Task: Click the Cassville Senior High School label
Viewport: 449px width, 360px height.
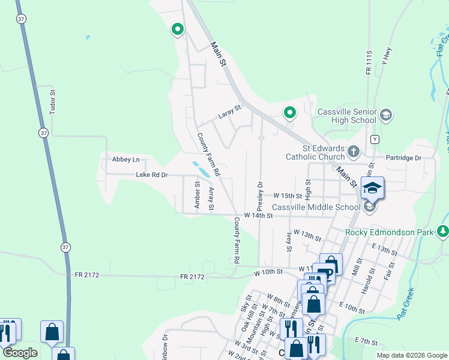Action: [x=347, y=116]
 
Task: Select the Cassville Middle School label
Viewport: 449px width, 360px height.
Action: [x=316, y=207]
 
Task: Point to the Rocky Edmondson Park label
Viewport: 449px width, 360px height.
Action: [x=390, y=232]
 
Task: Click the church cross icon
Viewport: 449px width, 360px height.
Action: [x=354, y=151]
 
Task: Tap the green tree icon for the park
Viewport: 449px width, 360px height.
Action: [x=443, y=231]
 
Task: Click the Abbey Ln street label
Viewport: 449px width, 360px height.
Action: [x=125, y=159]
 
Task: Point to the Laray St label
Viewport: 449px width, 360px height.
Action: [x=229, y=110]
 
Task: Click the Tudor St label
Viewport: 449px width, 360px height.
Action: [x=53, y=102]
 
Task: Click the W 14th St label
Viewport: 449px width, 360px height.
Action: [x=258, y=215]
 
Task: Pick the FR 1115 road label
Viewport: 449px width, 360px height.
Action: [x=369, y=62]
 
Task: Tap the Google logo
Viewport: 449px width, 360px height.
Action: [x=20, y=353]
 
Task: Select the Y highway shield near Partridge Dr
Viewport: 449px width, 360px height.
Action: [x=375, y=139]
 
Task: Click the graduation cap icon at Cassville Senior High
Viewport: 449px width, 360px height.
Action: [x=385, y=115]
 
